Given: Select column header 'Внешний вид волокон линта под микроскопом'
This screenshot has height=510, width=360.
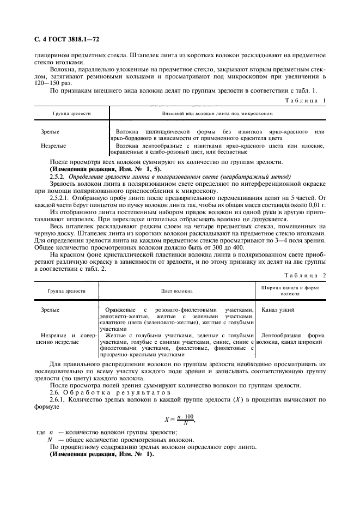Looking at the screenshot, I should (217, 114).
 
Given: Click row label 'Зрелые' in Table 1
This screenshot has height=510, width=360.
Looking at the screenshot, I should (50, 132).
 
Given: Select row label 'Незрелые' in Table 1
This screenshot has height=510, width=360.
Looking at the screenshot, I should (53, 145).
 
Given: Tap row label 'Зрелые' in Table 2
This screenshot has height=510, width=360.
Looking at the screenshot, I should (50, 309).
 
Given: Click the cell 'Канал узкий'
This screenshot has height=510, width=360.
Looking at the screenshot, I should (278, 309).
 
